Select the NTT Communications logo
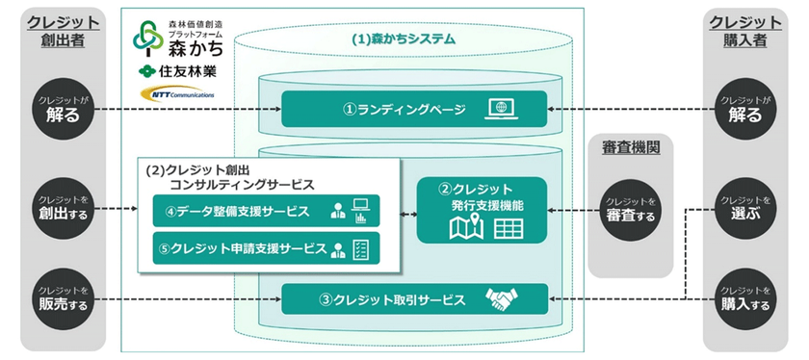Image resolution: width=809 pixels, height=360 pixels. point(175,94)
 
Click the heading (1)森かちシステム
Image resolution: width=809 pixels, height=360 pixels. point(404,40)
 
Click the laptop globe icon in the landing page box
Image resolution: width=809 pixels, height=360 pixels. point(504,109)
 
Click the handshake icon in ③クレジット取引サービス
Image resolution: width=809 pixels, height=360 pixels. point(503,299)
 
